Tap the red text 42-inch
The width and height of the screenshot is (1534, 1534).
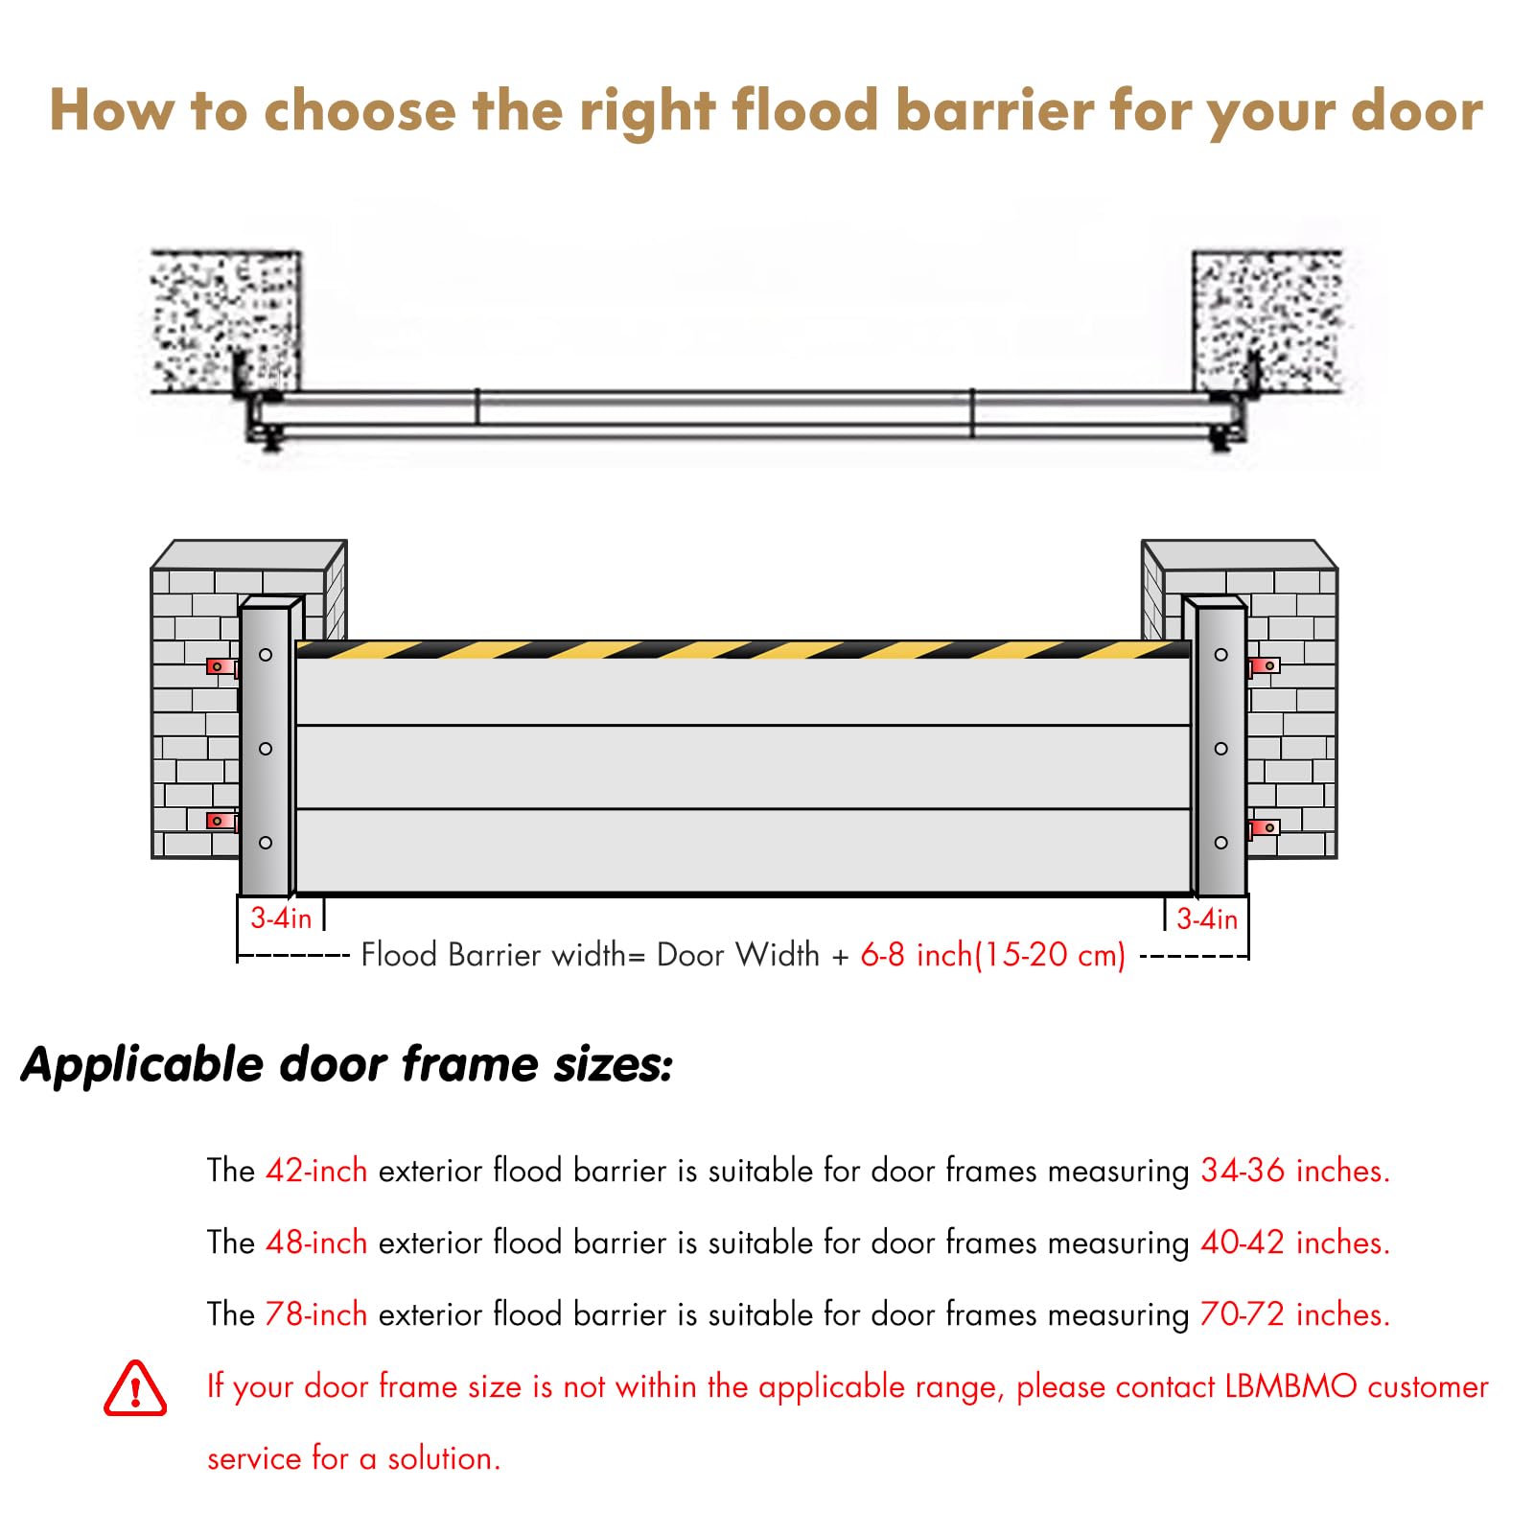point(316,1171)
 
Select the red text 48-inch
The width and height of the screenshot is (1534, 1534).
point(316,1243)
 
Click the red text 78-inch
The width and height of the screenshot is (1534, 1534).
point(316,1314)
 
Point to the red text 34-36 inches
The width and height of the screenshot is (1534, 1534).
point(1295,1171)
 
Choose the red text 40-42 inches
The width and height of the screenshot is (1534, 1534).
point(1295,1243)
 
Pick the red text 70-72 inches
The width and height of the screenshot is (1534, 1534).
point(1295,1314)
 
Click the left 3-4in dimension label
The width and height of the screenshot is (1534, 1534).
point(281,918)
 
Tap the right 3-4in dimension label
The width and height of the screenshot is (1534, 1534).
point(1207,918)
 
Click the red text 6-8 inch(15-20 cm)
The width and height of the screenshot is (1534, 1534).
point(993,955)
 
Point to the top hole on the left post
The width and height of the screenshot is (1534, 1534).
point(266,655)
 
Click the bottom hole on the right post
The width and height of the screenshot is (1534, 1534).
point(1220,843)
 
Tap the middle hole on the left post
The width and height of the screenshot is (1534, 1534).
point(266,749)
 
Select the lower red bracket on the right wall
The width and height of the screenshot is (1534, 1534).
point(1265,827)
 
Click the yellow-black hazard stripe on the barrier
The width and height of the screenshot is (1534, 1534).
point(743,650)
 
